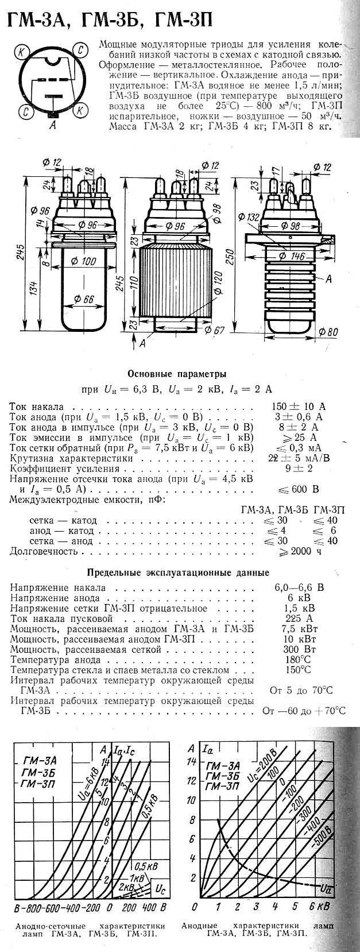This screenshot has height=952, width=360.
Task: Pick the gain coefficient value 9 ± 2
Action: point(299,469)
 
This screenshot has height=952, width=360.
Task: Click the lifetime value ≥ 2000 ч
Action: point(299,551)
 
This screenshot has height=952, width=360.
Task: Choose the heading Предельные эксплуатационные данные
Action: point(177,572)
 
